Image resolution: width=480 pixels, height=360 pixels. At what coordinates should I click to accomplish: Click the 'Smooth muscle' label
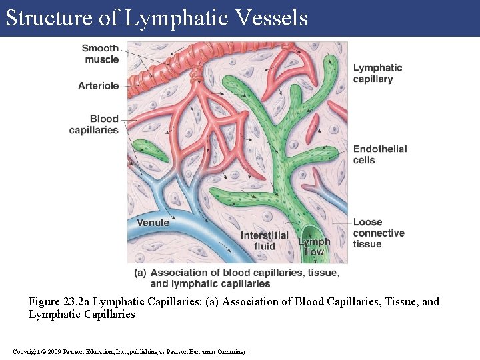point(101,53)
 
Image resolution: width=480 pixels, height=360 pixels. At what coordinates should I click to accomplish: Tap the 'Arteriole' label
point(98,86)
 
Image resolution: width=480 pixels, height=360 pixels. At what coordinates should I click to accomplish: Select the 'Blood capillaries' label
point(94,125)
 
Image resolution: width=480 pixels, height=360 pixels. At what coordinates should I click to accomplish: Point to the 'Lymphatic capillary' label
point(377,73)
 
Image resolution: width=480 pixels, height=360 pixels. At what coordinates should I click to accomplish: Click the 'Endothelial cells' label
point(379,154)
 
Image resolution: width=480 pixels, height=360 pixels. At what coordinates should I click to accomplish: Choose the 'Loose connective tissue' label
point(378,233)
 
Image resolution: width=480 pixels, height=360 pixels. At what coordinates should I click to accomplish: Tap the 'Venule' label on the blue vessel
point(153,222)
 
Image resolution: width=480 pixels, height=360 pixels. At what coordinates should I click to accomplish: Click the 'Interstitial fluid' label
point(265,241)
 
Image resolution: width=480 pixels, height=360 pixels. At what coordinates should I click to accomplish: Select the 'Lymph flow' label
point(314,247)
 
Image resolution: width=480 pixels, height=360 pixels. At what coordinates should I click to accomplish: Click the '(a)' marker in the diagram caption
point(140,272)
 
